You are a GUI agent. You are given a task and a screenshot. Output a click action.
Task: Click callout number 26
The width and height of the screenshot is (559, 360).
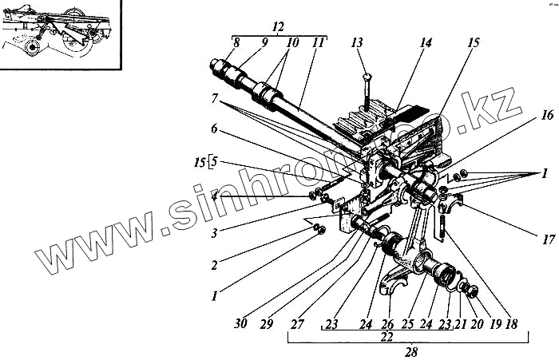[388, 325]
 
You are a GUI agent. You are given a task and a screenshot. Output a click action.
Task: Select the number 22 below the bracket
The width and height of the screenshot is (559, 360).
[387, 338]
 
